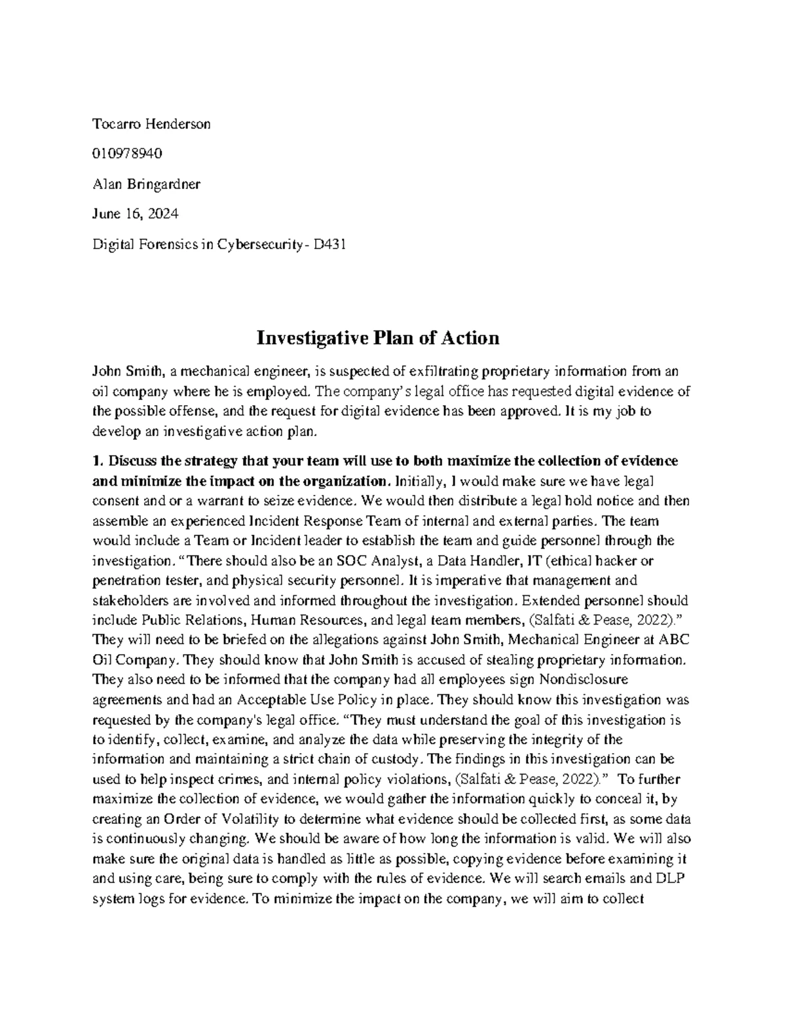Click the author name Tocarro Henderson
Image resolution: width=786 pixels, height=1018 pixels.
(x=151, y=124)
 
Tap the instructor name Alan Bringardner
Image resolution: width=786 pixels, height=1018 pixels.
(x=146, y=184)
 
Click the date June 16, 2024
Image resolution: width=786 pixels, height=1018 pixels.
(x=135, y=214)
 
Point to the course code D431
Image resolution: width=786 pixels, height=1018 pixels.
(x=329, y=245)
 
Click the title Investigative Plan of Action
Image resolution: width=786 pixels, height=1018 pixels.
(x=377, y=338)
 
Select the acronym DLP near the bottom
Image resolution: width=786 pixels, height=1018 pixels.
(x=667, y=879)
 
